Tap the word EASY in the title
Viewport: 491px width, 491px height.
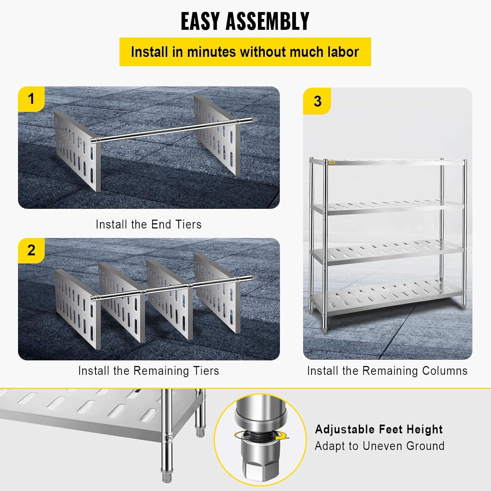[200, 21]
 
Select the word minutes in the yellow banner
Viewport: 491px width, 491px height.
[211, 52]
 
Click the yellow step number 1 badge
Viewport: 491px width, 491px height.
[31, 99]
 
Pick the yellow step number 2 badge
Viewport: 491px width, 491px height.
[31, 250]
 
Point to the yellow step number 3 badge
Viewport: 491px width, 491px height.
[317, 101]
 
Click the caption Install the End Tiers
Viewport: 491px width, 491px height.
[149, 225]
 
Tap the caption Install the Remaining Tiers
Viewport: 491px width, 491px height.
[149, 371]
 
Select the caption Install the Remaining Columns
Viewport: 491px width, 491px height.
[387, 371]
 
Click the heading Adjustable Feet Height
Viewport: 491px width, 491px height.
[379, 429]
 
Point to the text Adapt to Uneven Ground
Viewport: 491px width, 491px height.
[380, 446]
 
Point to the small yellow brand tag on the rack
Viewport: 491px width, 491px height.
[332, 162]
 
